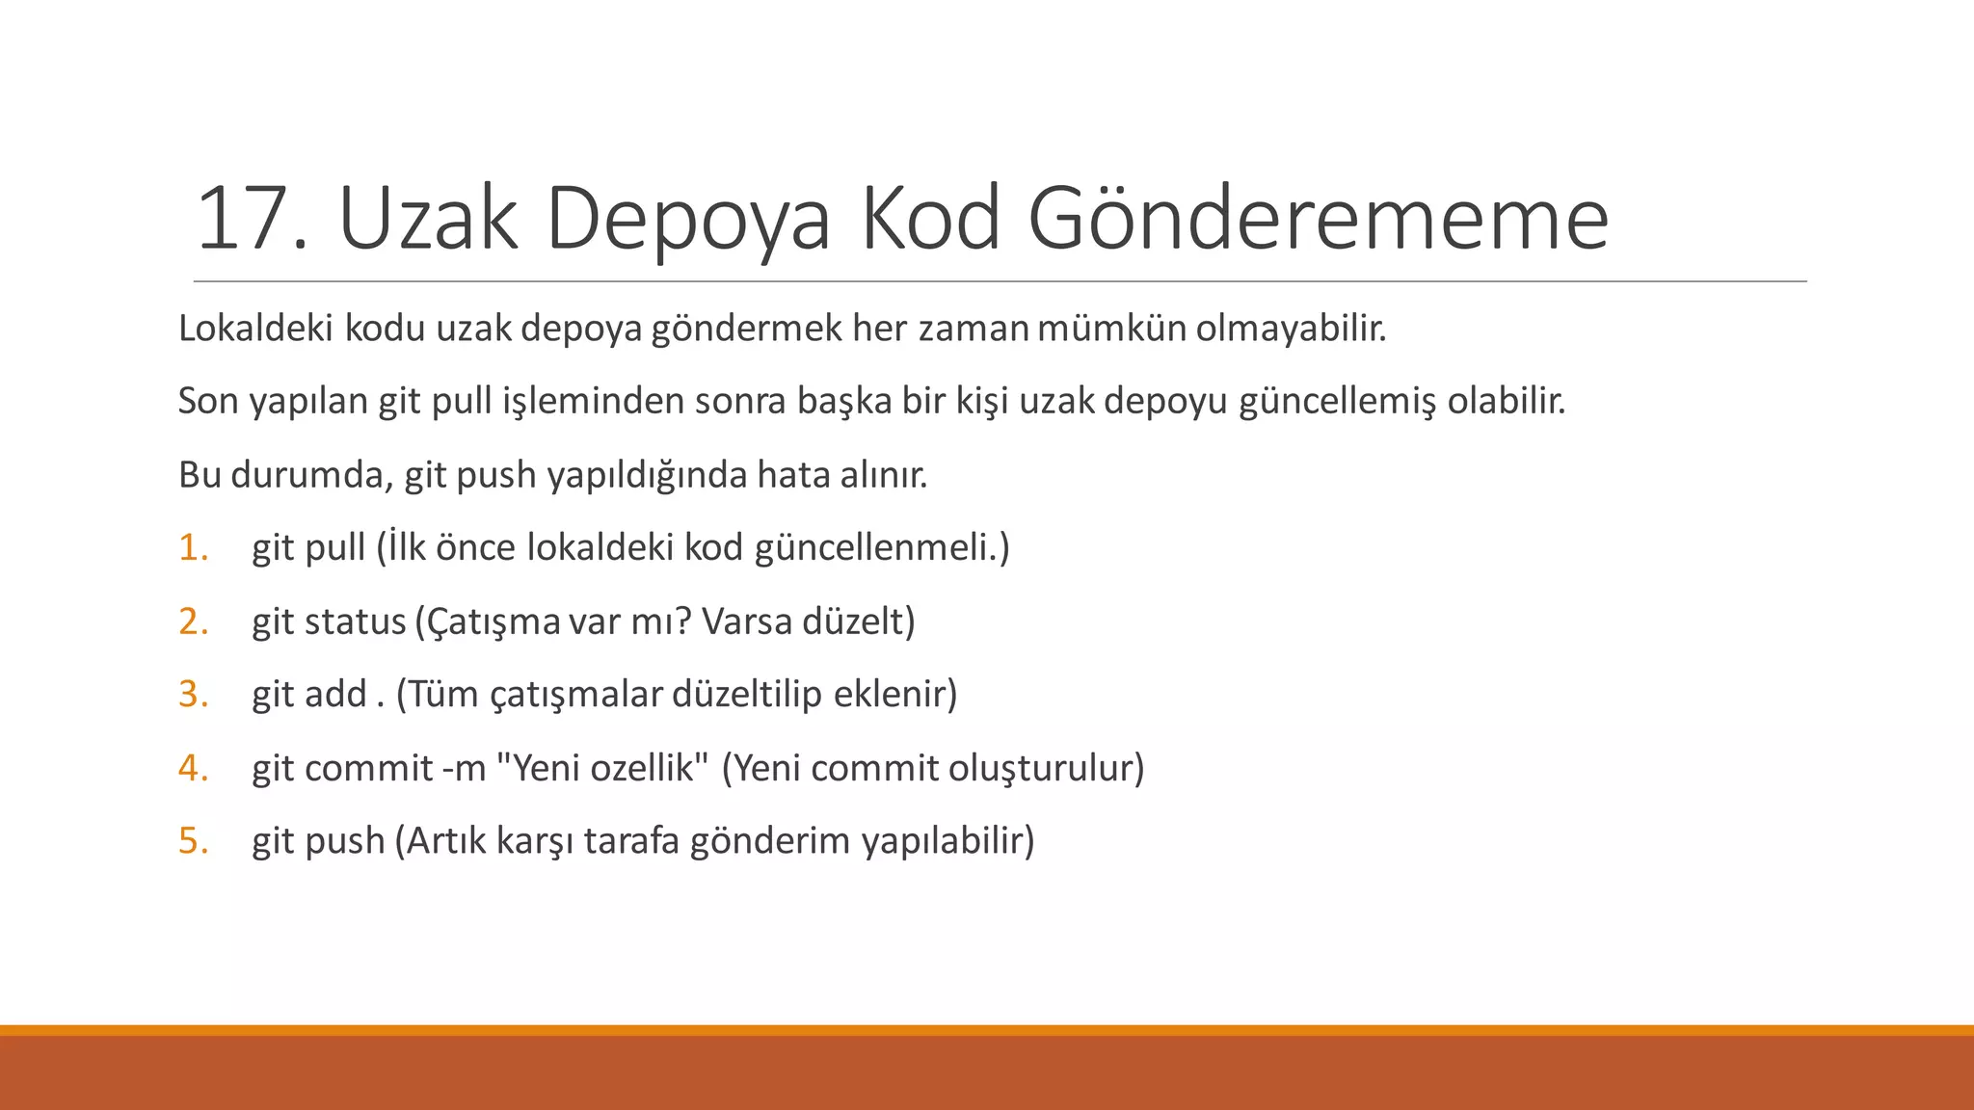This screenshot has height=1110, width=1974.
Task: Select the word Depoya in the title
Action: pos(687,221)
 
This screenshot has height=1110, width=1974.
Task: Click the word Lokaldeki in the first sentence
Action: pos(255,329)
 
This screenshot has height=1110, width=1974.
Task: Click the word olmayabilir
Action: pos(1291,329)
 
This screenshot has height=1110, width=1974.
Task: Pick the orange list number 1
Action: pos(193,547)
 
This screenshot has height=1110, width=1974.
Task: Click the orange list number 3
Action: pos(193,694)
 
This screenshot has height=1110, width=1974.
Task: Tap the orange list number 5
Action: pos(193,840)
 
